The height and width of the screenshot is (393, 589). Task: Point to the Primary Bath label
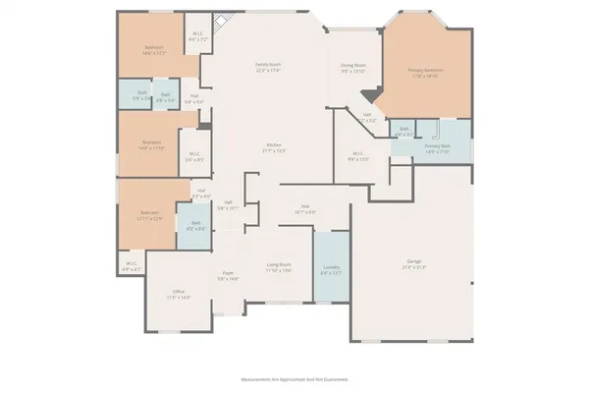tap(437, 149)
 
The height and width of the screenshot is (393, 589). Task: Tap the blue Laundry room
tap(331, 268)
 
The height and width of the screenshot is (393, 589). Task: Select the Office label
tap(179, 293)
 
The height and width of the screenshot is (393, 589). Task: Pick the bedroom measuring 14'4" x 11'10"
tap(151, 144)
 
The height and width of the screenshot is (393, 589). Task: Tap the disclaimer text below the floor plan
tap(294, 378)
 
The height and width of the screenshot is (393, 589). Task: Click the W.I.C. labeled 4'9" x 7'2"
tap(198, 34)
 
